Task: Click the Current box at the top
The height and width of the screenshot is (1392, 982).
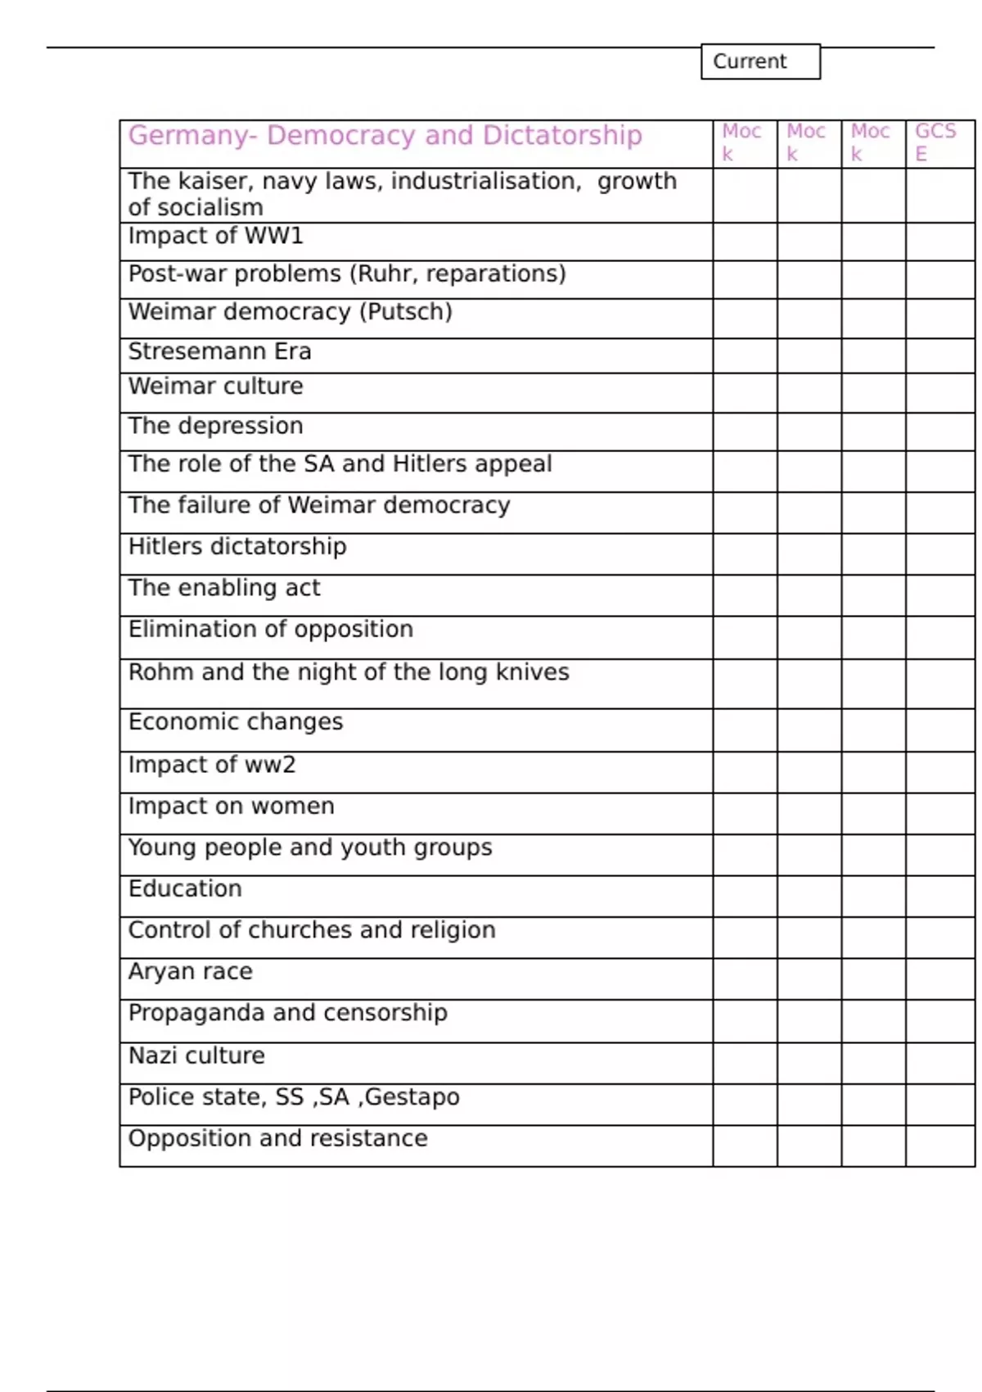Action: click(760, 61)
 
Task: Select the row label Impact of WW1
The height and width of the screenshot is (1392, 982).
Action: click(216, 236)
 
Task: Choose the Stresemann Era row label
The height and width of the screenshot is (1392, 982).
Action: click(219, 351)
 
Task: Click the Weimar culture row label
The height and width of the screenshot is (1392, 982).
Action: click(215, 386)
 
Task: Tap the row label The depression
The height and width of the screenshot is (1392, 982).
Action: click(215, 426)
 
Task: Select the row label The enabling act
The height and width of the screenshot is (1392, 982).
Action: click(224, 588)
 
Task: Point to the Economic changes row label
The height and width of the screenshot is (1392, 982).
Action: click(236, 721)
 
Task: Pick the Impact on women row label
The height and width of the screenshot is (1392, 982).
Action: click(231, 806)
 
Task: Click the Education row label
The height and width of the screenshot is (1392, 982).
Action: click(185, 888)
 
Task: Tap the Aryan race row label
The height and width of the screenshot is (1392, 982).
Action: click(190, 971)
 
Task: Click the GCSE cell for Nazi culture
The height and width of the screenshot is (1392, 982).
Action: click(939, 1063)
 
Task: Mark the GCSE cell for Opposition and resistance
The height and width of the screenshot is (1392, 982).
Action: click(939, 1146)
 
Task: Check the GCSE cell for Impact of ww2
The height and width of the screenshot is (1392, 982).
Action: click(939, 772)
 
